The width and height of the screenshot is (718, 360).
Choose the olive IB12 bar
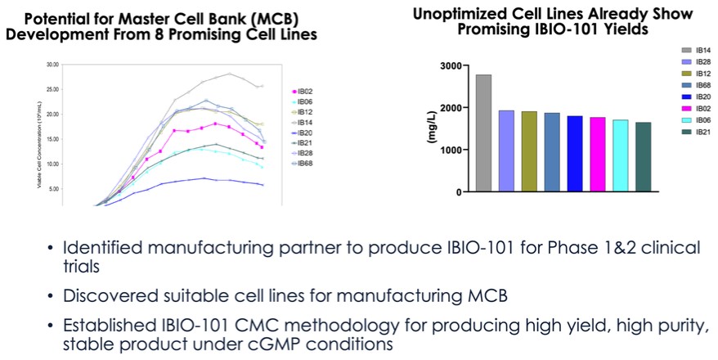(529, 151)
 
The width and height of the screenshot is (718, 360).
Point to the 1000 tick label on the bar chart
(451, 150)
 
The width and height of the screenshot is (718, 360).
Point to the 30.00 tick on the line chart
(53, 64)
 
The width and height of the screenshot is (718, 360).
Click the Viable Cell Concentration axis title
(38, 135)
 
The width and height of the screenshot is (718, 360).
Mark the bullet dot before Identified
(52, 247)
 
